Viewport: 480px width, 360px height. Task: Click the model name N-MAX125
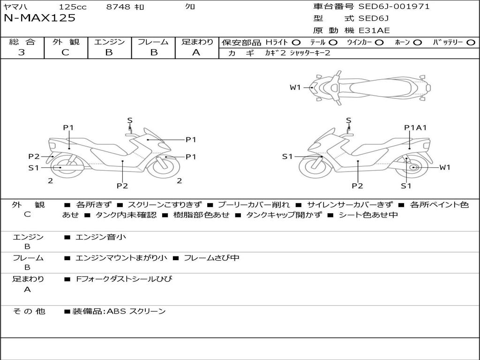39,18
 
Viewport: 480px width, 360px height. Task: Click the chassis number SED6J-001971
394,7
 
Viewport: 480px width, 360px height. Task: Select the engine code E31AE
374,30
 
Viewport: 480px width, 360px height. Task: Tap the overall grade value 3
22,52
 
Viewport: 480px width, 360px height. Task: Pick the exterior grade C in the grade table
66,52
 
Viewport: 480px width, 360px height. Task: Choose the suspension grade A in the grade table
196,52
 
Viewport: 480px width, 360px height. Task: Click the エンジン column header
109,42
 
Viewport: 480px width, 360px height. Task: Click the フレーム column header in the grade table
153,42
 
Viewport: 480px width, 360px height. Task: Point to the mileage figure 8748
119,7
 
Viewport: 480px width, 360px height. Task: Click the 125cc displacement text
72,7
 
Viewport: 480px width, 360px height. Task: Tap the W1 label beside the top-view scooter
295,87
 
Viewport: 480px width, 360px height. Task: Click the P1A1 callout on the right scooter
415,127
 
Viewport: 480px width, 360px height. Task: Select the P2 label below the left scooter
122,186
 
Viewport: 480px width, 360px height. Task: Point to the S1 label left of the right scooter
287,157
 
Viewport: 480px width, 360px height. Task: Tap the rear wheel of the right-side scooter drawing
413,167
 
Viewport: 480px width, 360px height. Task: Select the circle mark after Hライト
296,42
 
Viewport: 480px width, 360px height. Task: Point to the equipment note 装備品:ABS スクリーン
119,311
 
